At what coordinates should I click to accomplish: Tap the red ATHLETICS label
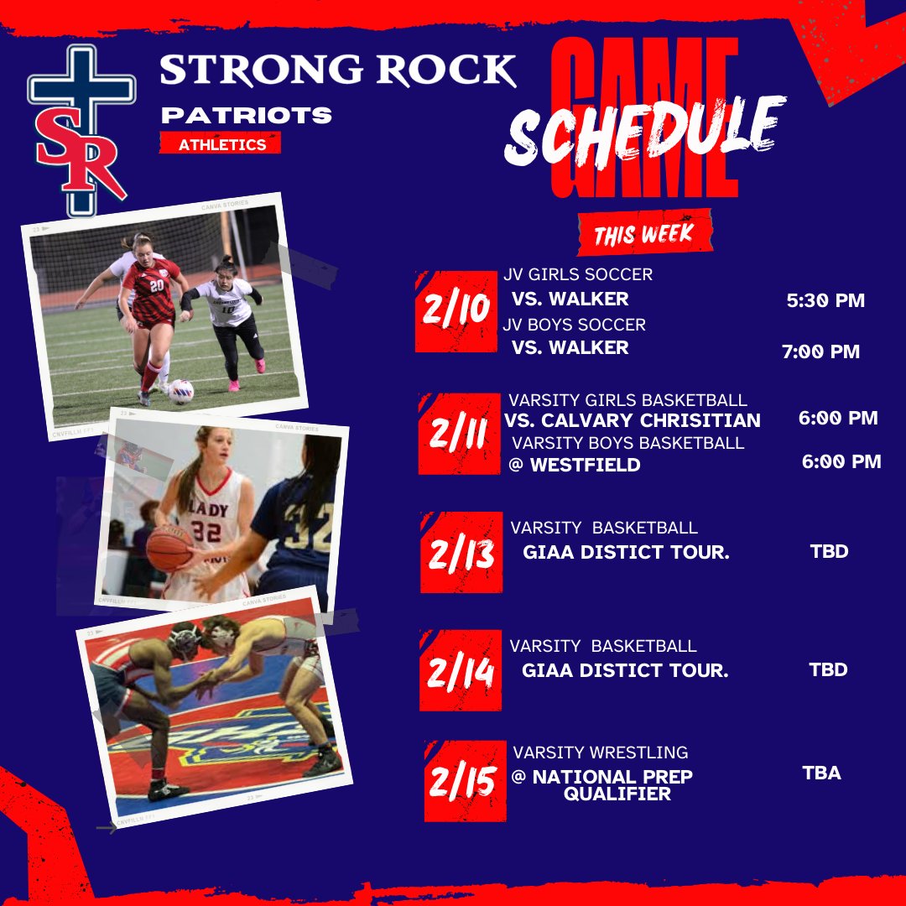tap(221, 144)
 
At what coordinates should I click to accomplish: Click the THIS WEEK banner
tap(643, 232)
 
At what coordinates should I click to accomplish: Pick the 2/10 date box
tap(452, 311)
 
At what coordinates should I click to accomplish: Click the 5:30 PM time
tap(825, 299)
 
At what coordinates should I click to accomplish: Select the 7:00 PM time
tap(820, 351)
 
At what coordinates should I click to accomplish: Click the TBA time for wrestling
tap(821, 773)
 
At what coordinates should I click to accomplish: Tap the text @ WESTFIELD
tap(575, 464)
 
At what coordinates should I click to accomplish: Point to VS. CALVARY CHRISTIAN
tap(633, 420)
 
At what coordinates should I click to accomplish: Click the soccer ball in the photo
tap(180, 392)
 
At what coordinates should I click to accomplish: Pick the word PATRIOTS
tap(246, 115)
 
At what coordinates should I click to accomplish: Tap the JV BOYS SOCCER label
tap(575, 325)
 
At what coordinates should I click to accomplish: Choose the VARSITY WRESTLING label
tap(600, 752)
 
